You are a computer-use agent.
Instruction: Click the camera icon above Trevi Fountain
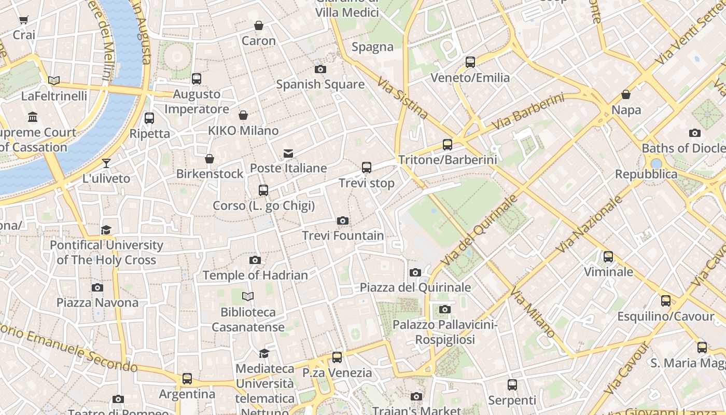click(x=342, y=221)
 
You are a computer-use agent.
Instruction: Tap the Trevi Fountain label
click(x=343, y=236)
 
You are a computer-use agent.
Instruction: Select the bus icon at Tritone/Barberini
click(x=447, y=145)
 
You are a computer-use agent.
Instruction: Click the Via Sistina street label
click(x=403, y=98)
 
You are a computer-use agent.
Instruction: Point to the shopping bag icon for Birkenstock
click(x=210, y=159)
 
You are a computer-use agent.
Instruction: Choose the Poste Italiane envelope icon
click(x=288, y=154)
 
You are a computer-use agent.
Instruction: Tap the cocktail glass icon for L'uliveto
click(x=106, y=163)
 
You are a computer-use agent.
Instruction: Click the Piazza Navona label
click(x=97, y=302)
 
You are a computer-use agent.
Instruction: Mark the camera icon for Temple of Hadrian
click(x=255, y=260)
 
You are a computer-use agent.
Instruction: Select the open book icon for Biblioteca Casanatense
click(x=248, y=297)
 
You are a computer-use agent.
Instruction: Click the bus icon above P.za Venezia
click(x=337, y=357)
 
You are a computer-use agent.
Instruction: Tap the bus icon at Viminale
click(x=608, y=257)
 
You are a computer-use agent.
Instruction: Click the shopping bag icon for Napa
click(x=626, y=95)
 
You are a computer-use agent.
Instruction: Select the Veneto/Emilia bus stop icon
click(x=470, y=62)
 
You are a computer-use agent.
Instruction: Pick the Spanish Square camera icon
click(x=320, y=69)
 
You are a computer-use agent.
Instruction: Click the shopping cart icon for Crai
click(x=23, y=20)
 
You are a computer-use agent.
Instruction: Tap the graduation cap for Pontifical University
click(x=106, y=230)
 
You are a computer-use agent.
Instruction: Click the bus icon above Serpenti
click(x=512, y=385)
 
